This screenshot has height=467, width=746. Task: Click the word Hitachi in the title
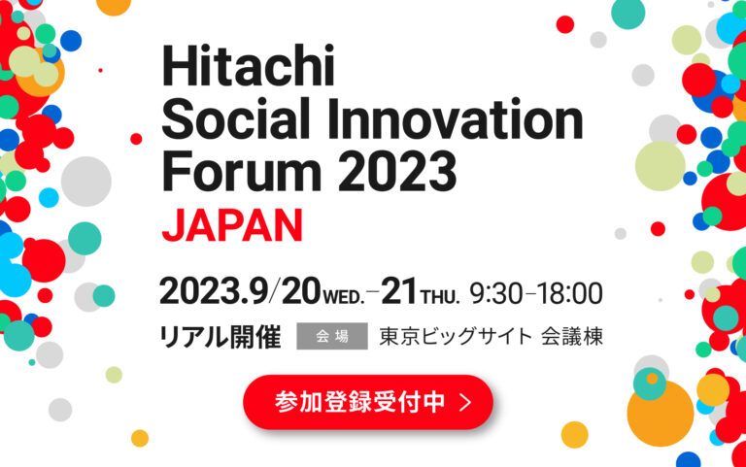[249, 66]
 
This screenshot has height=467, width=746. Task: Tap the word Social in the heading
[236, 118]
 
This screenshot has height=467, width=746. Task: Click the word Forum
[242, 171]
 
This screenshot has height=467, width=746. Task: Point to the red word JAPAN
[232, 225]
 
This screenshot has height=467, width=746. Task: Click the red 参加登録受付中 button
[368, 402]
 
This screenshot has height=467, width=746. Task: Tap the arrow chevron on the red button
[465, 402]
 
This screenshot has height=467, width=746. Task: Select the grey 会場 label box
[332, 336]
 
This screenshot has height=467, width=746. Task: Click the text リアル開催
[220, 337]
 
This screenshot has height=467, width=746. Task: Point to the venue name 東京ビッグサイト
[456, 336]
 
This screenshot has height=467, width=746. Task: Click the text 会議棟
[572, 336]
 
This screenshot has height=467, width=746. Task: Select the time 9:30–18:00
[536, 293]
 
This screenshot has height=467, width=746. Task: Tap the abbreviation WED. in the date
[344, 297]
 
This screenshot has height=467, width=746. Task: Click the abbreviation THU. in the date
[440, 297]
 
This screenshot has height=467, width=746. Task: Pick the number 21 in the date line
[398, 291]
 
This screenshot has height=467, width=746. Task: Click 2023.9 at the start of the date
[214, 291]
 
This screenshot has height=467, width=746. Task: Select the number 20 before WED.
[301, 291]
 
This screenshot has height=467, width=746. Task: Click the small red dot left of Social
[136, 139]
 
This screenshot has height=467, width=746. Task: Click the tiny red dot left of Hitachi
[100, 70]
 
